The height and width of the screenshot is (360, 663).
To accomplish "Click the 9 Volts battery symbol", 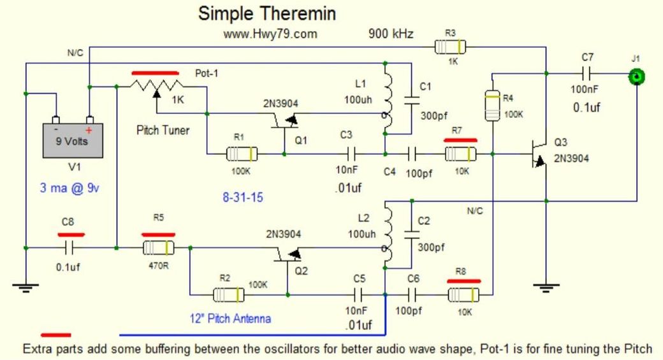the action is [x=73, y=140].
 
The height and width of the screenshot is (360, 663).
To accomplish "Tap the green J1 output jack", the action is [x=636, y=77].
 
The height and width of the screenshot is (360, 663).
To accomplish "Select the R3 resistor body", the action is [x=450, y=47].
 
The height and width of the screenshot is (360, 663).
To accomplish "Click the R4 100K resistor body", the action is [x=492, y=105].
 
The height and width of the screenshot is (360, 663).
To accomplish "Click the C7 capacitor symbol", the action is [x=586, y=74].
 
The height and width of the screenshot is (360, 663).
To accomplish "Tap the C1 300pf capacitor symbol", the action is [x=411, y=100].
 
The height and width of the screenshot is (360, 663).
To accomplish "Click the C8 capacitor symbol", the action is [x=69, y=248].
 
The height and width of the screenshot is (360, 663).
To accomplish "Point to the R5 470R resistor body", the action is [x=159, y=248].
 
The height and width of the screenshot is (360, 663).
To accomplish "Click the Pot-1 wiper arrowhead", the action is [x=157, y=94].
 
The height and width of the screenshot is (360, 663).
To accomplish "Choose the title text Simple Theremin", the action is [x=267, y=13].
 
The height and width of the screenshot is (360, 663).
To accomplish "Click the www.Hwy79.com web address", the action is [x=270, y=34].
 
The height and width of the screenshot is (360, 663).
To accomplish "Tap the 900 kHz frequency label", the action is [x=391, y=34].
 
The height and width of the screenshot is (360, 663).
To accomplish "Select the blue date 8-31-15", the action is [x=243, y=198].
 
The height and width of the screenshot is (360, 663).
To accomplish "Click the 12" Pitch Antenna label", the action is [x=230, y=318].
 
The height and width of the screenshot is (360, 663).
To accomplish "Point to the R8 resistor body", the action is [x=463, y=294].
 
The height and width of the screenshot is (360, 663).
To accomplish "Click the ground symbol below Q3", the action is [x=546, y=288].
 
